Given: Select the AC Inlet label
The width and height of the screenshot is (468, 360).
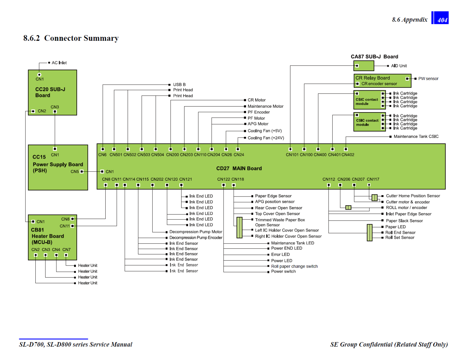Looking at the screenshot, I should point(59,63).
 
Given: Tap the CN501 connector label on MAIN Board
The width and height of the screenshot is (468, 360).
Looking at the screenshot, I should point(116,155).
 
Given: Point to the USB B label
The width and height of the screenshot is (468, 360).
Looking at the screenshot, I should point(179,85).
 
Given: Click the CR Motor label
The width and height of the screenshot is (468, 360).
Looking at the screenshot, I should point(256,100).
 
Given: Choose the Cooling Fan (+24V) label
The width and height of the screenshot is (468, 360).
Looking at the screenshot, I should point(265,138).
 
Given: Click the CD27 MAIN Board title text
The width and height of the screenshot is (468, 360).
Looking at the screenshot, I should point(239,169).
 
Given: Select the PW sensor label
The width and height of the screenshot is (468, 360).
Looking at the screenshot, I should point(428,79).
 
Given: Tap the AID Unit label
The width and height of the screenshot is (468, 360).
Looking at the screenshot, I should point(399,66).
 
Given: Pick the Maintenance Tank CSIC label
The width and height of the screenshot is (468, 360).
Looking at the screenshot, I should point(416,136).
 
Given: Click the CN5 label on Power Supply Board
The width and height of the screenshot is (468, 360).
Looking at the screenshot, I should point(75,172).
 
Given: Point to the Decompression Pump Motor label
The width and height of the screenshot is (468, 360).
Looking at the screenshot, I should point(196,232).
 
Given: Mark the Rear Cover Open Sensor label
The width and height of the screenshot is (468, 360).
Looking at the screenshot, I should point(278,208).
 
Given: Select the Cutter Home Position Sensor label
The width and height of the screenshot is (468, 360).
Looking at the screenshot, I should point(413,196).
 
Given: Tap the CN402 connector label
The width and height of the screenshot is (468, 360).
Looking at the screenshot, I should point(348,155).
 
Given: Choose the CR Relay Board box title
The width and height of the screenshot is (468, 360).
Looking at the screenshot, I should point(373,78).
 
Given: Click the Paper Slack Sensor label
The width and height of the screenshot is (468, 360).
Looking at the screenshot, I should point(404,221).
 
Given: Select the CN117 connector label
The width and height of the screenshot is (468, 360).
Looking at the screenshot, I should point(373,179).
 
